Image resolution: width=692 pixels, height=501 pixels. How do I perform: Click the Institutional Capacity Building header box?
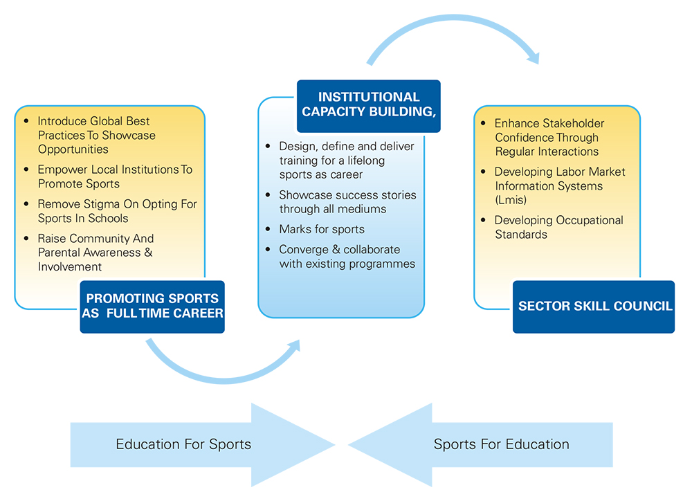[368, 106]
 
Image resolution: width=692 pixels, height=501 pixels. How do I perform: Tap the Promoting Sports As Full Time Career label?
[152, 306]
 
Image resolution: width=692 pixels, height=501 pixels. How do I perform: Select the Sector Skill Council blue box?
[594, 307]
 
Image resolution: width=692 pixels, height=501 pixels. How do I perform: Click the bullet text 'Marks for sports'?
[321, 229]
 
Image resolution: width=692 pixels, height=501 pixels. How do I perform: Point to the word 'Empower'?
[60, 170]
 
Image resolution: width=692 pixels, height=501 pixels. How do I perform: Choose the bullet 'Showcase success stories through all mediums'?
[347, 201]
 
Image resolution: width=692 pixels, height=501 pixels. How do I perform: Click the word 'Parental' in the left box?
[60, 253]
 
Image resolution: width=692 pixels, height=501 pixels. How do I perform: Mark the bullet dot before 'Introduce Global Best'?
[27, 121]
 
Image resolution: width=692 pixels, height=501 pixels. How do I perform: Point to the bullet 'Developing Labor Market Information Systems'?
[559, 179]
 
